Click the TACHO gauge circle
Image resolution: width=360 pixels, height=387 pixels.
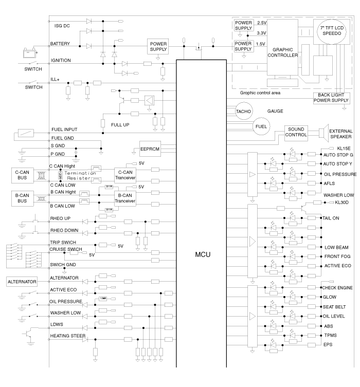pyautogui.click(x=242, y=112)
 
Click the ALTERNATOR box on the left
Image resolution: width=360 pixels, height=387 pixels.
pyautogui.click(x=23, y=282)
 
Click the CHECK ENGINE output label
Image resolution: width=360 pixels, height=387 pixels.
pyautogui.click(x=337, y=288)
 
